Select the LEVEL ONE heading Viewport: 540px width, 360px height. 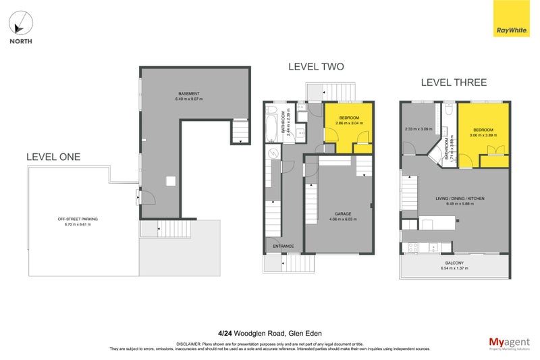[53, 157]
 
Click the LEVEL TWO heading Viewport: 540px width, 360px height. [316, 67]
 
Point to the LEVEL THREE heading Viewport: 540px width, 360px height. [454, 82]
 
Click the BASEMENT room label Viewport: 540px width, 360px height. [188, 93]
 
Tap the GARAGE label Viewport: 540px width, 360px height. [340, 214]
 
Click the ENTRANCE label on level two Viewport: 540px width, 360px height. [283, 246]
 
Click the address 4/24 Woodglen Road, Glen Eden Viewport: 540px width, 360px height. [270, 332]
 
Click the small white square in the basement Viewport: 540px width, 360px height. [171, 181]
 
